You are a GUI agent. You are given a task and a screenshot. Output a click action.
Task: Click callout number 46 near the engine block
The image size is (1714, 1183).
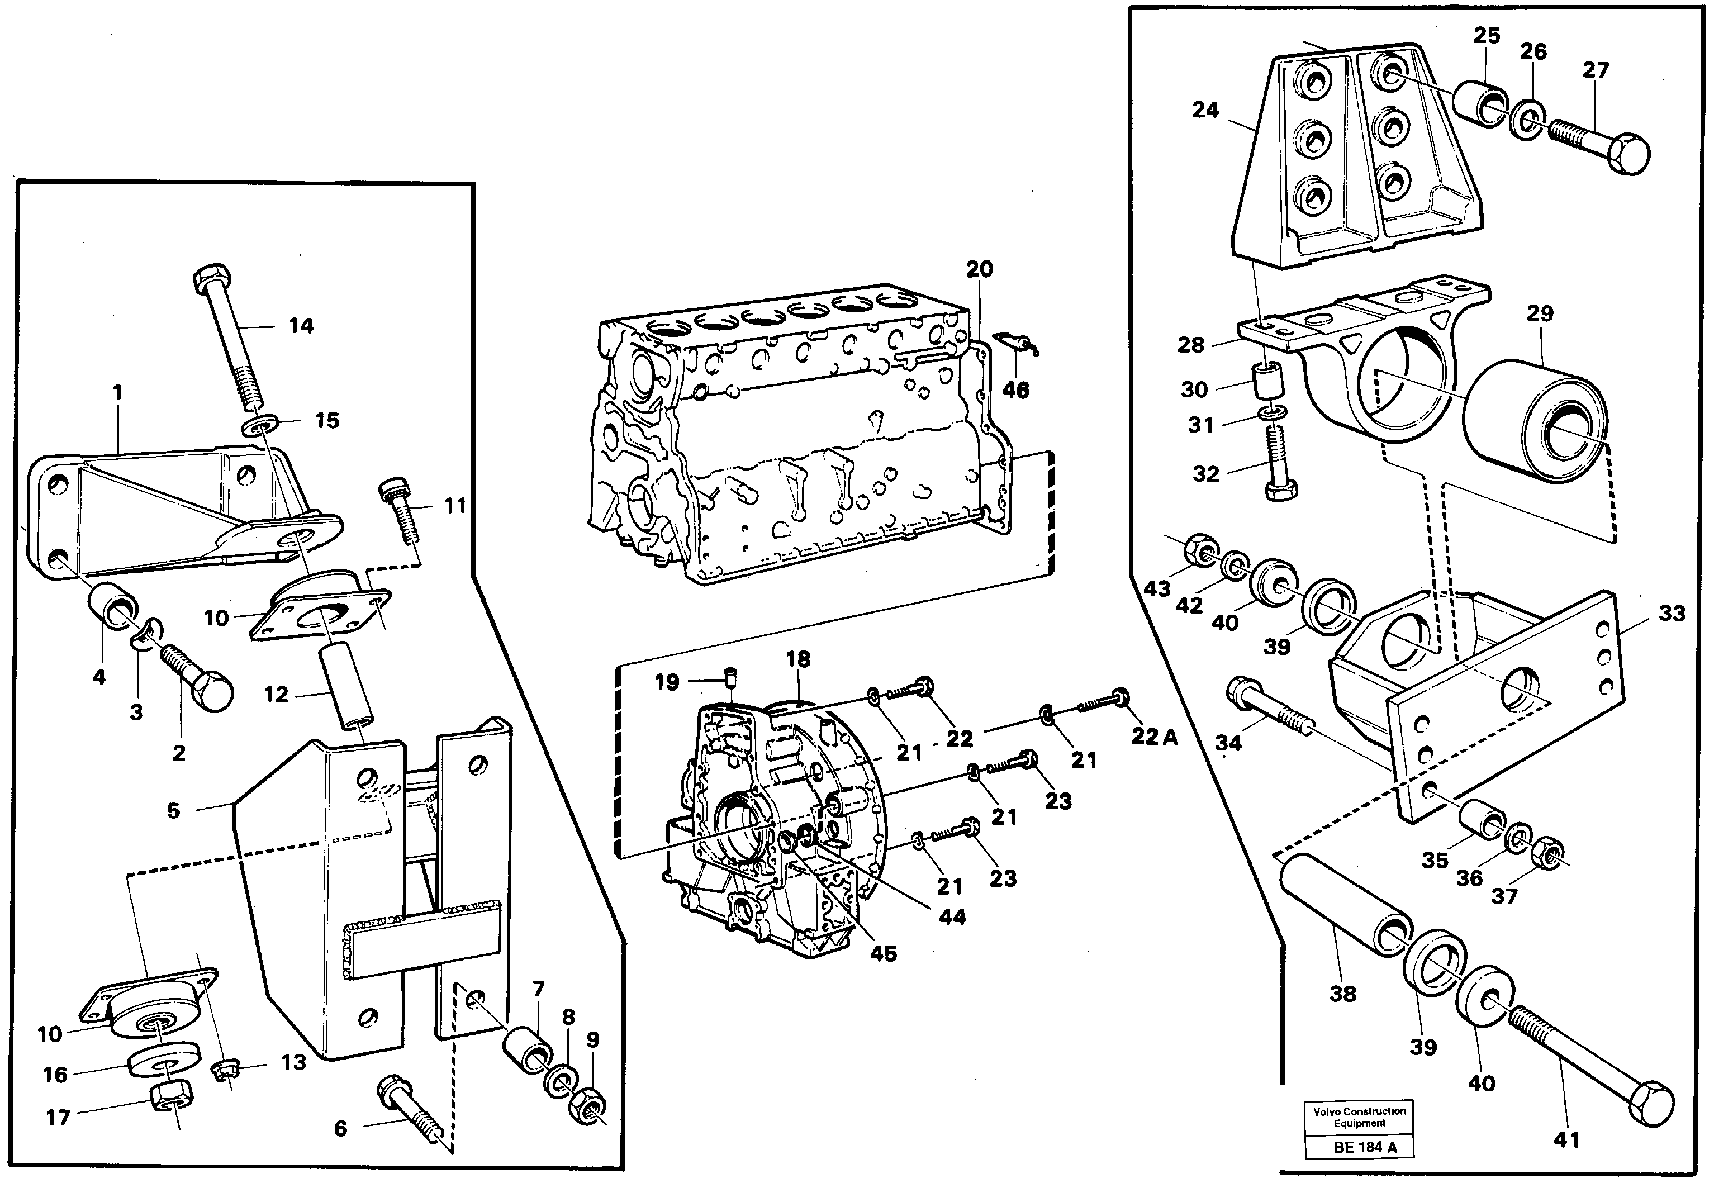[x=1015, y=391]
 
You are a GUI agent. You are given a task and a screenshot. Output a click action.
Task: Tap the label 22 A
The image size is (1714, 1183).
[x=1153, y=736]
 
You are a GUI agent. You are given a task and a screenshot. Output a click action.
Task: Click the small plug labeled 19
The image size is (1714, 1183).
[x=730, y=676]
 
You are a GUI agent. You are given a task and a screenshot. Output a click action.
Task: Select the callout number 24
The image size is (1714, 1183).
[x=1205, y=111]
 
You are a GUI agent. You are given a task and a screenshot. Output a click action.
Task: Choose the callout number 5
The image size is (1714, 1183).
[x=173, y=811]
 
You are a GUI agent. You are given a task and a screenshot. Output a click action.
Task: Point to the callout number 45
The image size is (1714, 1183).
[x=883, y=953]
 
